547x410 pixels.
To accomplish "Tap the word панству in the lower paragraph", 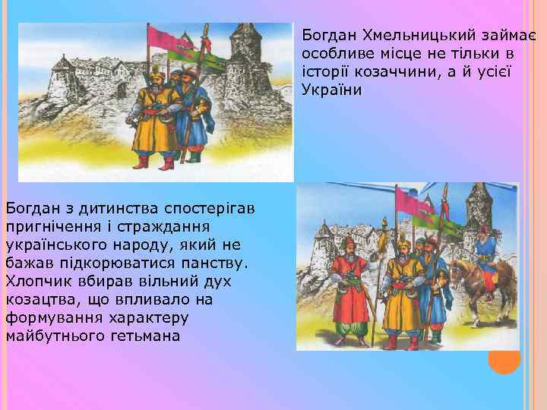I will [213, 263].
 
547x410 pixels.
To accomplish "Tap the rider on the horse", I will [485, 247].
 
